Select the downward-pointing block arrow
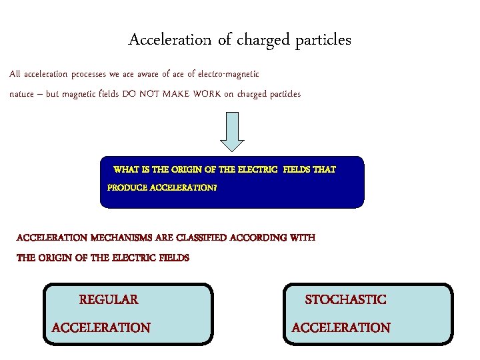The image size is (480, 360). pyautogui.click(x=232, y=132)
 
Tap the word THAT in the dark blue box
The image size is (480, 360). pyautogui.click(x=324, y=170)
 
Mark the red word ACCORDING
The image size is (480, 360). pyautogui.click(x=256, y=237)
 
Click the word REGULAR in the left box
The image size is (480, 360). pyautogui.click(x=109, y=299)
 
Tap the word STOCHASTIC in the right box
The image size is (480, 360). pyautogui.click(x=345, y=299)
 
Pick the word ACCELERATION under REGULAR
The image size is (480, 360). pyautogui.click(x=101, y=327)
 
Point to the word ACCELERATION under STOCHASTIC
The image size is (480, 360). pyautogui.click(x=341, y=327)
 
